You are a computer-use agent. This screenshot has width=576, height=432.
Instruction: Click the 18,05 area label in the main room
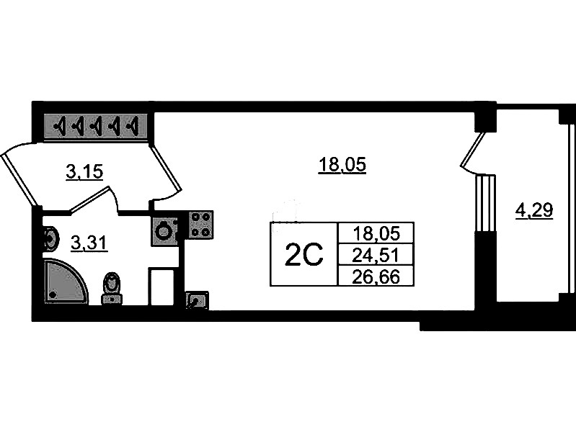(x=342, y=164)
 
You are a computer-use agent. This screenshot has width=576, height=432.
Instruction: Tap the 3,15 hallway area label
(x=84, y=171)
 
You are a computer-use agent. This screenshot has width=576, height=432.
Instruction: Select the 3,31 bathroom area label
(x=89, y=243)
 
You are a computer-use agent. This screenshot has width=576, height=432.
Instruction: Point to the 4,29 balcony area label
(x=534, y=211)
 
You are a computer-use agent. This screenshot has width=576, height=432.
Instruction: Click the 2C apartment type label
(x=303, y=254)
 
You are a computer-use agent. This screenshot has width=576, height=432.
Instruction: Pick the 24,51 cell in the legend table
(x=376, y=255)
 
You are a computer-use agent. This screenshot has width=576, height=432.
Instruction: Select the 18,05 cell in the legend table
(x=376, y=233)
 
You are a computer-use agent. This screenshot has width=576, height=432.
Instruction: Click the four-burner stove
(x=200, y=224)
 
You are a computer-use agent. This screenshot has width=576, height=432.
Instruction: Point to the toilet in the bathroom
(x=112, y=289)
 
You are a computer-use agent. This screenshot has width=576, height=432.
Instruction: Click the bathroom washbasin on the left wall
(x=50, y=240)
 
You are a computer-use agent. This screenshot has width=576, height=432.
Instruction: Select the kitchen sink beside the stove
(x=164, y=231)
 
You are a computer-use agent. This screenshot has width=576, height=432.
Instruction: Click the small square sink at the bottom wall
(x=198, y=300)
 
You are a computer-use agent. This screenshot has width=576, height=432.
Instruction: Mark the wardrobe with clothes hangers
(x=96, y=126)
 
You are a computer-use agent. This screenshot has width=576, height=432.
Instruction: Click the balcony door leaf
(x=473, y=150)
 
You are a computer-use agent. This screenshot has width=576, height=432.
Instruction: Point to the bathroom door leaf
(x=90, y=199)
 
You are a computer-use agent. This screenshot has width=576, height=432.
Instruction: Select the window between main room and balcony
(x=485, y=203)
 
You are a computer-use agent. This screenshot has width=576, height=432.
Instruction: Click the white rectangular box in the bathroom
(x=161, y=287)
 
